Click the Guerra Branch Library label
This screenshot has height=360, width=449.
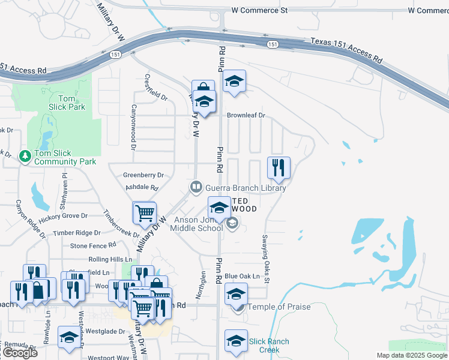[x=245, y=188]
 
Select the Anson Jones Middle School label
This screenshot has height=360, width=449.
[x=197, y=224]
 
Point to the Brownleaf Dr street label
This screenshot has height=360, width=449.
[x=246, y=115]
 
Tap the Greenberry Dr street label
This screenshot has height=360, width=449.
[x=143, y=175]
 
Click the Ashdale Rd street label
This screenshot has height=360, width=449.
[x=142, y=188]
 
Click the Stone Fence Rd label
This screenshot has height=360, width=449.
[x=93, y=245]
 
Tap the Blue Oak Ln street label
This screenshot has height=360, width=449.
[x=247, y=276]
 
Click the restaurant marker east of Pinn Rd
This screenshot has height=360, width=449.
[x=279, y=168]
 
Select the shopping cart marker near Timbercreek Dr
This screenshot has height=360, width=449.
[x=145, y=213]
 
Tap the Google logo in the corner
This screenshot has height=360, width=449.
[x=19, y=353]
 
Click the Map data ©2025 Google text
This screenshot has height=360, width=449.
[x=411, y=355]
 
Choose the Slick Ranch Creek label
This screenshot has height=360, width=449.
[x=270, y=346]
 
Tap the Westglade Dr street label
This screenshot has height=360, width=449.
[x=100, y=331]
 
